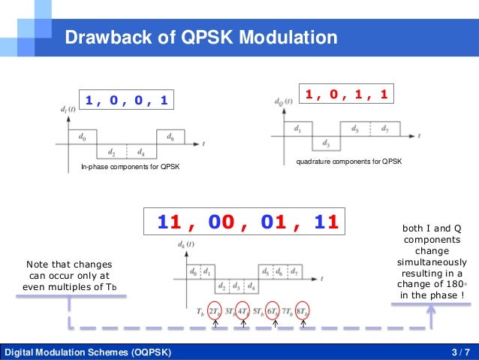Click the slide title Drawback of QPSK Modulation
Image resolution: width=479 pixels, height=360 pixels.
click(201, 38)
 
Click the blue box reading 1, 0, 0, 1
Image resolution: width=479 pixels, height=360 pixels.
click(127, 100)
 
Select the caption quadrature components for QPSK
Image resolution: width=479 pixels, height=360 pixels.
click(349, 162)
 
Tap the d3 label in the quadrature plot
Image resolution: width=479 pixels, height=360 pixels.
click(326, 143)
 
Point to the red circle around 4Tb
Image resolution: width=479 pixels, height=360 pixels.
click(243, 310)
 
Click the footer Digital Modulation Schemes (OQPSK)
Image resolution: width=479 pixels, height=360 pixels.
click(88, 352)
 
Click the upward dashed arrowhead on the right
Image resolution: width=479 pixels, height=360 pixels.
click(431, 310)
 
